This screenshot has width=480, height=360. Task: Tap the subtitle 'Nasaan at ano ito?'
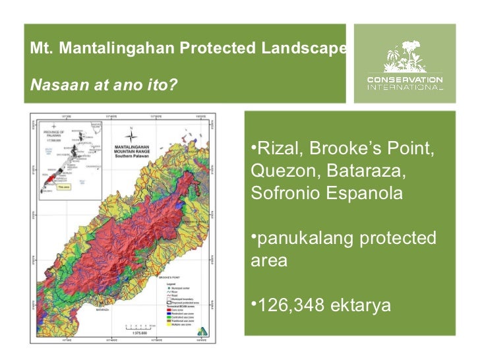103,86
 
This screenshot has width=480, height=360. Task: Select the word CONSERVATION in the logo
405,79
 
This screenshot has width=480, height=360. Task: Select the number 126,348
295,306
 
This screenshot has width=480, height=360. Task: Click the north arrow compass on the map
132,131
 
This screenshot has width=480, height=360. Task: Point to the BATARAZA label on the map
101,308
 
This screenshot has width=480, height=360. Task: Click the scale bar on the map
139,326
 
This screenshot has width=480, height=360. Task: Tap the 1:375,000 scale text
139,333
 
